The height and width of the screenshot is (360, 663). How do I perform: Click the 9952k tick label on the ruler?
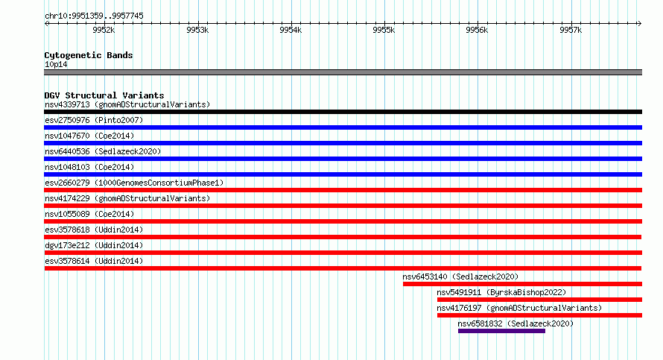click(104, 30)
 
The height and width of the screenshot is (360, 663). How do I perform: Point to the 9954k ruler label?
click(291, 30)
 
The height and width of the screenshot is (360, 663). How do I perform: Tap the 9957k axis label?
click(571, 30)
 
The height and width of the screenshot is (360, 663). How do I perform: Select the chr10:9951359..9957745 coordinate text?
click(95, 16)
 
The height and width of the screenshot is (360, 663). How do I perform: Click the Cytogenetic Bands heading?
click(89, 55)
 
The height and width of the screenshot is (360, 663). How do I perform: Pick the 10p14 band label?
click(56, 64)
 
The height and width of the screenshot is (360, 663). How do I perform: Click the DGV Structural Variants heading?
click(104, 95)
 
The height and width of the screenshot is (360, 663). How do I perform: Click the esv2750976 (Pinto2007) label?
click(94, 120)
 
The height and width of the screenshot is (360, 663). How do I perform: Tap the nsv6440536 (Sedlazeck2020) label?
click(103, 151)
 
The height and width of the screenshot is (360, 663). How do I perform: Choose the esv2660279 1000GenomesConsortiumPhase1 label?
click(134, 183)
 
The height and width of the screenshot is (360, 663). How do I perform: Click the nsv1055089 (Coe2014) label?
click(89, 214)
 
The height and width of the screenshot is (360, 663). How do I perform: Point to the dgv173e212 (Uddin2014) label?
click(94, 245)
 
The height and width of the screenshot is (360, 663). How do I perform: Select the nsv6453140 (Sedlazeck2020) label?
click(460, 277)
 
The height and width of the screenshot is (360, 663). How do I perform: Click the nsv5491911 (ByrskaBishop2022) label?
click(501, 292)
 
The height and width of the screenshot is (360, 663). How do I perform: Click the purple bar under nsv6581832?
click(501, 331)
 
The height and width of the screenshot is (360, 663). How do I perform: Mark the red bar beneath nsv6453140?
click(523, 284)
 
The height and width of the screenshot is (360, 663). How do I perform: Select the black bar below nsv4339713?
click(343, 112)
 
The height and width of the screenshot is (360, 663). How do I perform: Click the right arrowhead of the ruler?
click(640, 23)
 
